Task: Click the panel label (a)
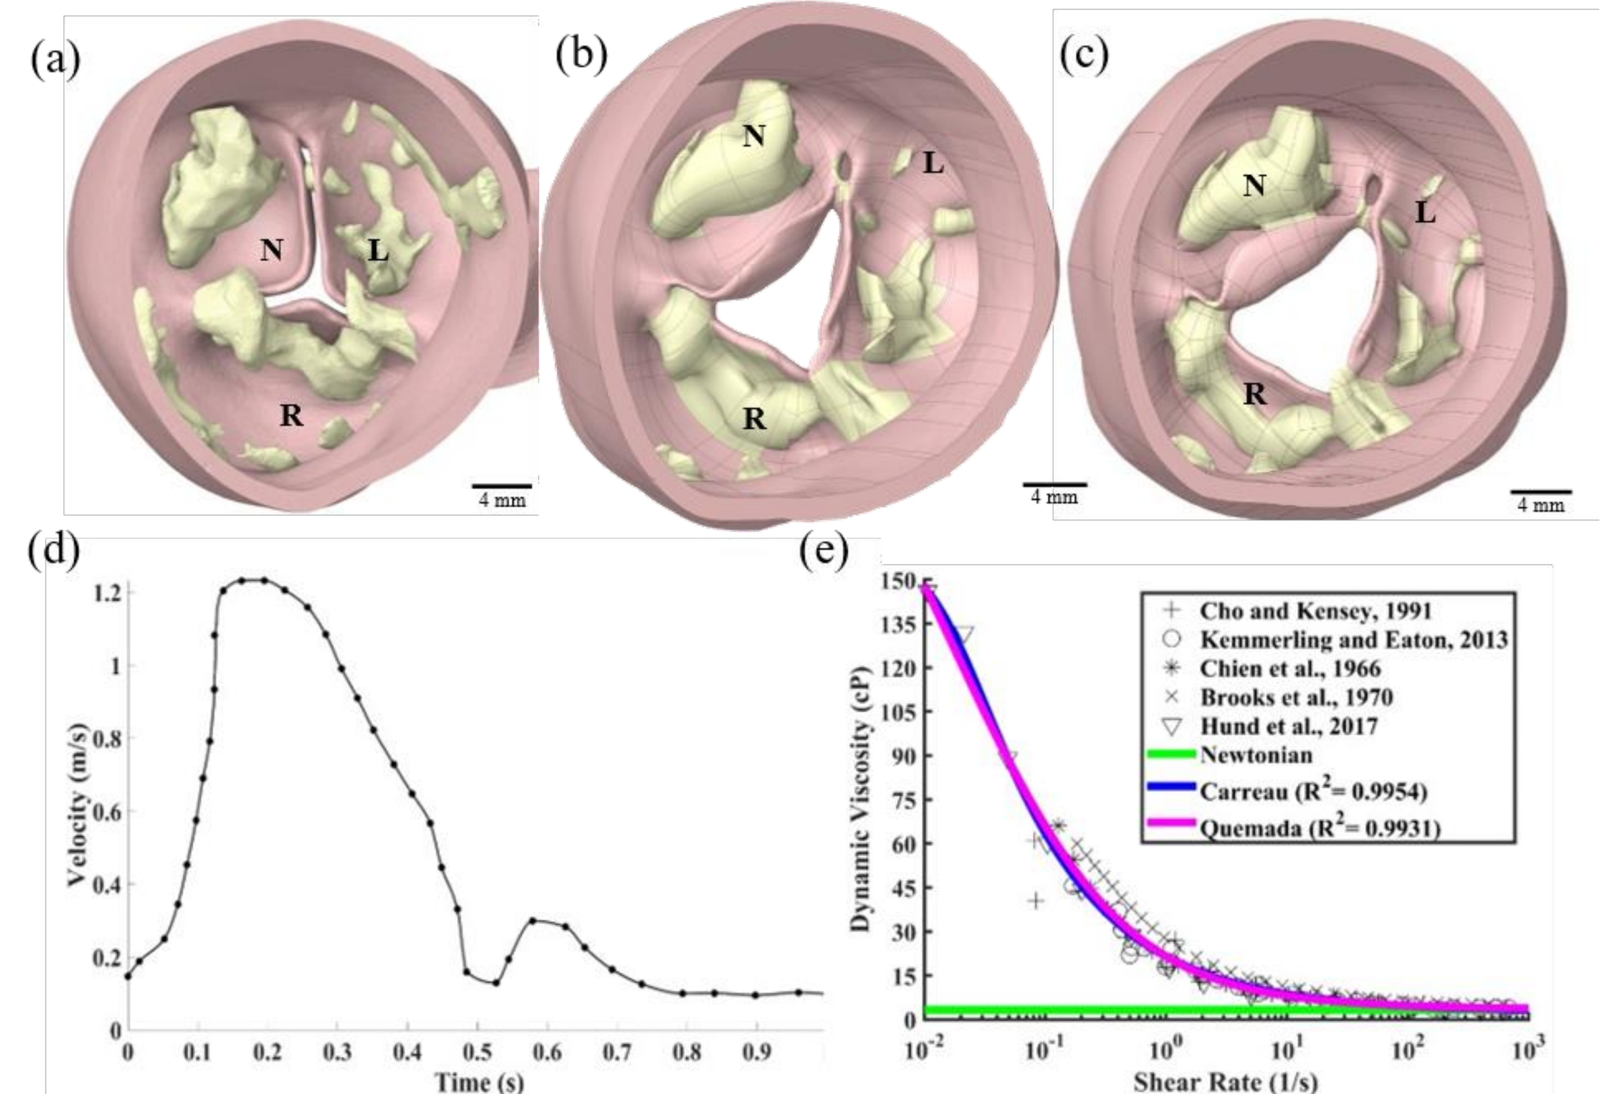(x=55, y=60)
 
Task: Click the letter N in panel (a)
(x=272, y=249)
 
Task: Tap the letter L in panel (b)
(x=933, y=163)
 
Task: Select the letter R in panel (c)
(x=1254, y=394)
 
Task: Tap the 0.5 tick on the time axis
(x=477, y=1052)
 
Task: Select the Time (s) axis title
(x=479, y=1081)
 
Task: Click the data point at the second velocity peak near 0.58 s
(x=533, y=921)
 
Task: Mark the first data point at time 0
(x=127, y=976)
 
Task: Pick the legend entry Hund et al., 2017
(x=1289, y=727)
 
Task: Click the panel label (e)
(x=823, y=551)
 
